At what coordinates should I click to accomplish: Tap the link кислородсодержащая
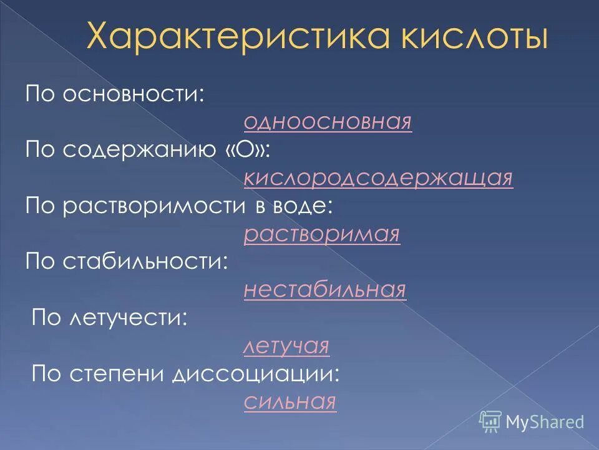[379, 178]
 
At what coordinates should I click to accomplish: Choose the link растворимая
[322, 234]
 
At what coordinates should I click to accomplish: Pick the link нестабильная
[325, 290]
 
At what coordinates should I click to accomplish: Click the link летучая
[286, 346]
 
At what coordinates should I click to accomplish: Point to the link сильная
[290, 401]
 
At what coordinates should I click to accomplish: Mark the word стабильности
[146, 262]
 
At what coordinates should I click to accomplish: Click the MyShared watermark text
[545, 422]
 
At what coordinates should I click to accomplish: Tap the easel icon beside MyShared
[491, 422]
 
